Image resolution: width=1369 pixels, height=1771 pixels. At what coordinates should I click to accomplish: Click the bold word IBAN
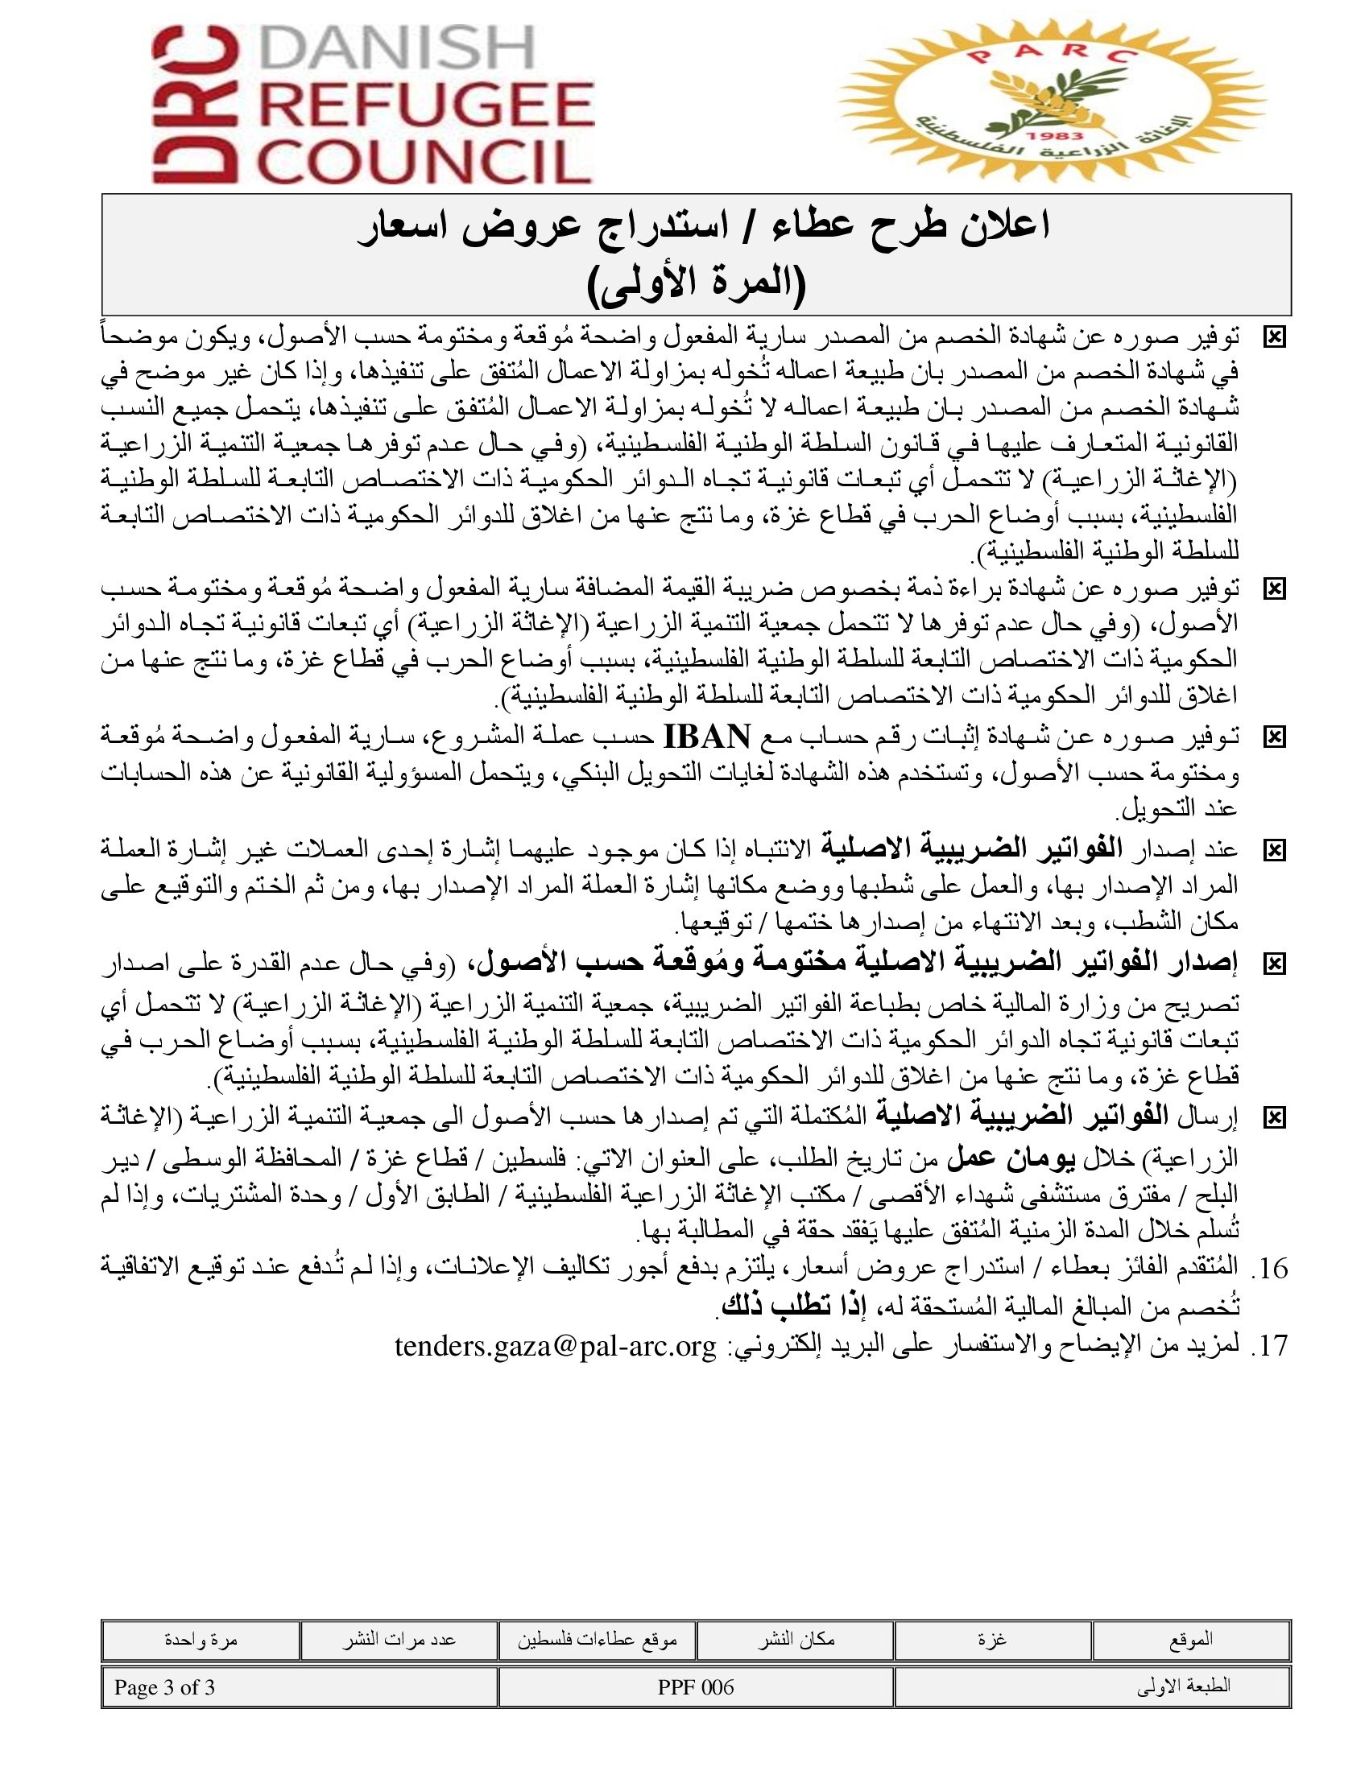point(706,737)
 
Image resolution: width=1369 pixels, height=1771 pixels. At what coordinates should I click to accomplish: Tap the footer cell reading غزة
point(993,1640)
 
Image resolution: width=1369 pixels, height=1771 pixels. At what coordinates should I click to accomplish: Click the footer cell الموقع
point(1191,1640)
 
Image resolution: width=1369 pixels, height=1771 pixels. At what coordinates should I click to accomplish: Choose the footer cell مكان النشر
point(796,1640)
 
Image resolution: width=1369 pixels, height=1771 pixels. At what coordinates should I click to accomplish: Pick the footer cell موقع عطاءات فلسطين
point(598,1640)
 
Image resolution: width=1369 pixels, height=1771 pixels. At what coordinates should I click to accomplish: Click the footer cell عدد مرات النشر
point(398,1640)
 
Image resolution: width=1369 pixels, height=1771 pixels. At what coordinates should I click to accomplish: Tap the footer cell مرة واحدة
point(201,1640)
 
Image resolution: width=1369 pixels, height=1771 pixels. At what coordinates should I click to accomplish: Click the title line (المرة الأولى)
point(696,284)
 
